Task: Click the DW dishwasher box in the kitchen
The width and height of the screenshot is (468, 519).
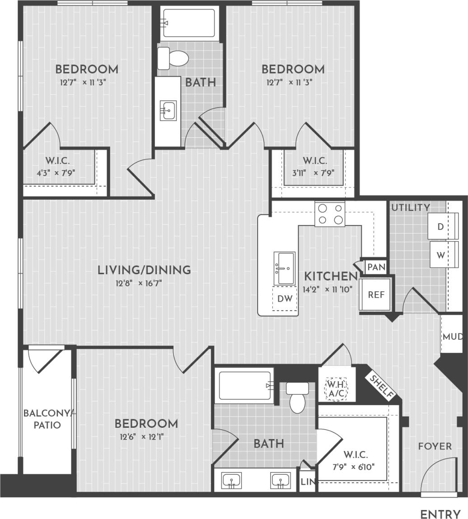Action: (x=285, y=299)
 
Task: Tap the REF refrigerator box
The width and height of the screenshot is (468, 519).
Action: (x=376, y=295)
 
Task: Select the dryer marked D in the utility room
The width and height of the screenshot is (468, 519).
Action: (x=440, y=227)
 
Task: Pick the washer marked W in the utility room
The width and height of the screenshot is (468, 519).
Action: (x=440, y=255)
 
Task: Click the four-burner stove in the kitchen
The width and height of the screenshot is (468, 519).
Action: (x=330, y=214)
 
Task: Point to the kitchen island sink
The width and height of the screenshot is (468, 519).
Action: (x=284, y=268)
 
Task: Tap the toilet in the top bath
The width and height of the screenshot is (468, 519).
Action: (x=173, y=59)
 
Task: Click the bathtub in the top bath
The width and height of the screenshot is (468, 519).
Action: (x=189, y=23)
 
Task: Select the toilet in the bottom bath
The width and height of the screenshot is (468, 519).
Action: (x=297, y=397)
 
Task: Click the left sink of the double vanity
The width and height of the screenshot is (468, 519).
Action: (x=232, y=480)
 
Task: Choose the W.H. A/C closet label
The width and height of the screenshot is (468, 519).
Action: (x=336, y=389)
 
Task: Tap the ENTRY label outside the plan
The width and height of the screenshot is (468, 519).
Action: (x=440, y=514)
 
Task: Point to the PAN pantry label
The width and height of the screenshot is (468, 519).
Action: (x=376, y=267)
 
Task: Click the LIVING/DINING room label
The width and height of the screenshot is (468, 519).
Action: (x=144, y=270)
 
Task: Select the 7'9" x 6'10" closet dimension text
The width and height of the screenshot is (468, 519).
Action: (x=355, y=467)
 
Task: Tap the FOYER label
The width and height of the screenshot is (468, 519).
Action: (x=435, y=446)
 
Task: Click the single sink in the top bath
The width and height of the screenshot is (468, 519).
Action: (x=168, y=111)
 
